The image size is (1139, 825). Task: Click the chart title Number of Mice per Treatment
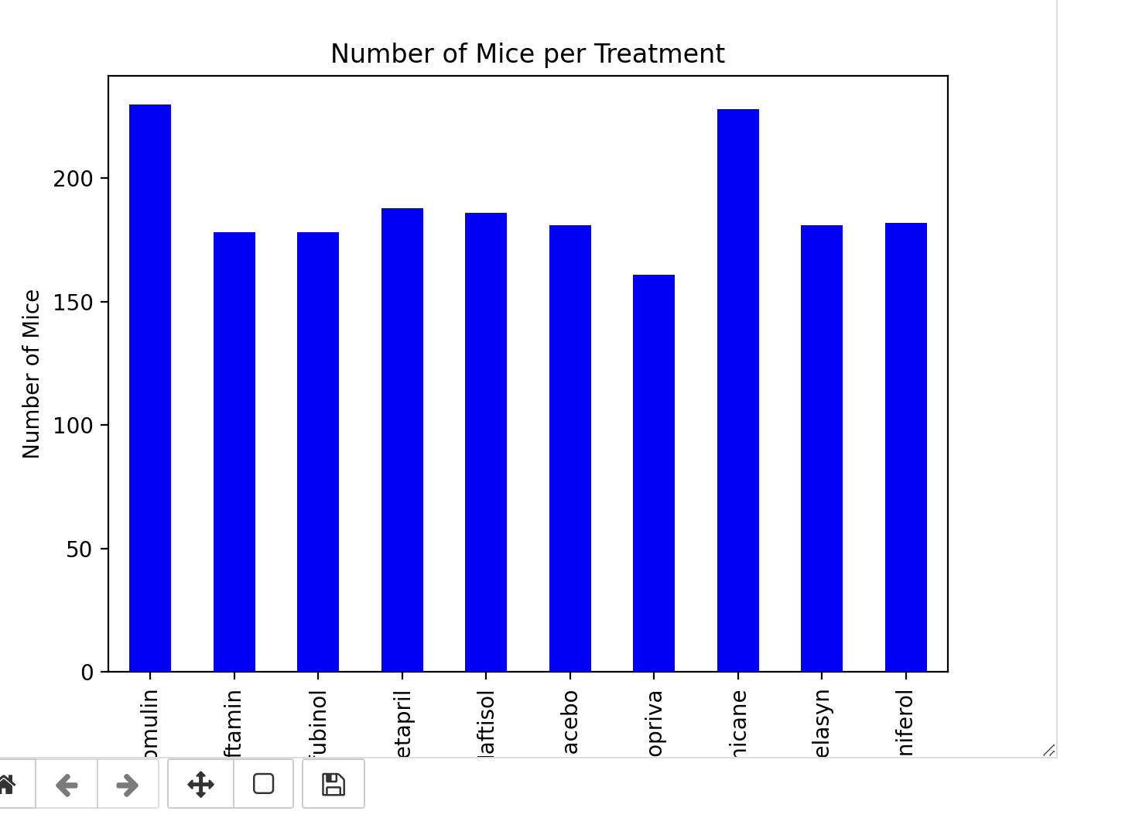tap(527, 54)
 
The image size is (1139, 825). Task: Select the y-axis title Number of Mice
tap(32, 374)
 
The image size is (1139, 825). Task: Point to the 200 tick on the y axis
tap(73, 179)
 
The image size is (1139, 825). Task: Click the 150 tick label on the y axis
tap(73, 303)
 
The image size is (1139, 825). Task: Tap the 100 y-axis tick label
tap(73, 426)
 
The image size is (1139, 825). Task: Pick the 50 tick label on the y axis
tap(79, 549)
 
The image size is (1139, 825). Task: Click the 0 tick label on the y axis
tap(87, 673)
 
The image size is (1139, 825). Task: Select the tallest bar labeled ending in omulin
tap(150, 387)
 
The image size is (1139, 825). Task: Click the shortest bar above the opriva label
tap(654, 472)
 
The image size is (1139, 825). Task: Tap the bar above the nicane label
tap(738, 387)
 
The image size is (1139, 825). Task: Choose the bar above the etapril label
tap(402, 441)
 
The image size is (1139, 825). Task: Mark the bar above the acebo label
tap(570, 449)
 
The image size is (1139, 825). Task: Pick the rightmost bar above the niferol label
tap(906, 449)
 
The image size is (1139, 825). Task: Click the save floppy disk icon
tap(333, 784)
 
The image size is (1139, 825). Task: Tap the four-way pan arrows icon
tap(200, 784)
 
